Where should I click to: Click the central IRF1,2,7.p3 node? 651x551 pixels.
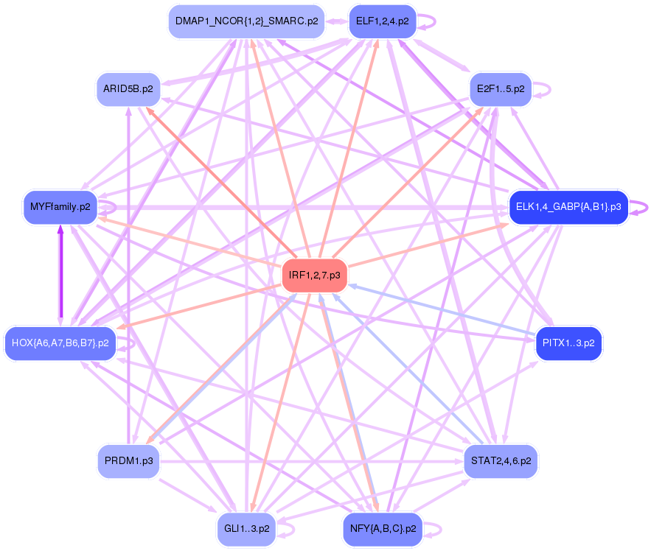(315, 275)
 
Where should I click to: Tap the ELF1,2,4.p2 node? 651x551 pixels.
(382, 21)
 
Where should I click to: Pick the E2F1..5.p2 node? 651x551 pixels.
(501, 89)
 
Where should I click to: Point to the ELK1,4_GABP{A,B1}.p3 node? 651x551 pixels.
(568, 207)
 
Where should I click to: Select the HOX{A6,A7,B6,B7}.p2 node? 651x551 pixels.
(60, 343)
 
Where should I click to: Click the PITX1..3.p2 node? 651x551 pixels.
(568, 343)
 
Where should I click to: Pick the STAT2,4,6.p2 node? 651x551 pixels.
(501, 461)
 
